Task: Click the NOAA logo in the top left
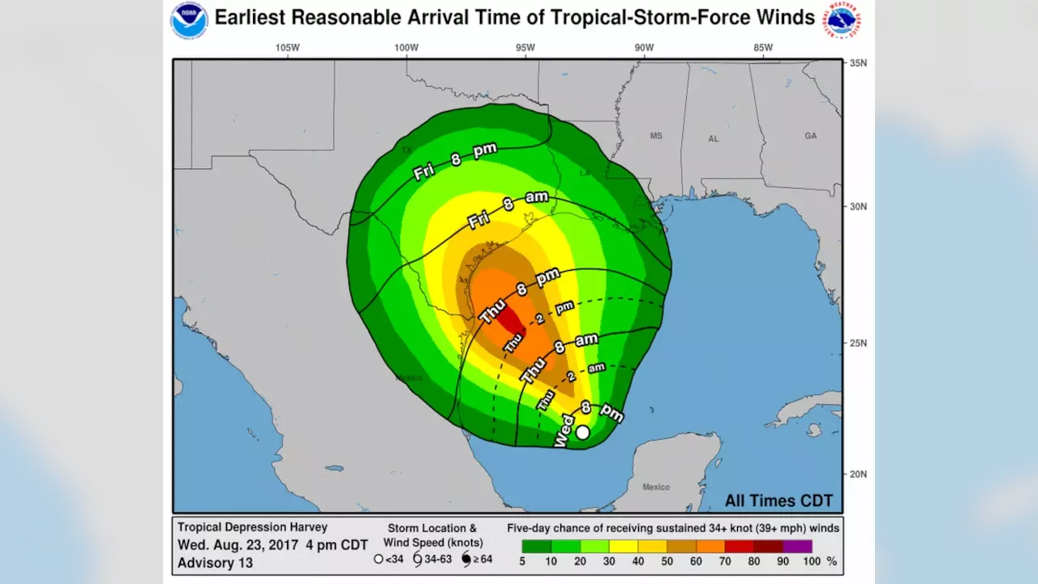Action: [x=189, y=21]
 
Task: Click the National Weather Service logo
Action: [x=843, y=21]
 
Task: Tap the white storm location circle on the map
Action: [x=582, y=432]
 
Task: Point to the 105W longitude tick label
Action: [x=287, y=48]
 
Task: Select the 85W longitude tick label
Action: [x=763, y=48]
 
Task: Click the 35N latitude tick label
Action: [x=858, y=62]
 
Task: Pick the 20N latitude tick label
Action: [x=858, y=474]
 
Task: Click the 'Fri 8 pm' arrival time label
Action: [x=454, y=161]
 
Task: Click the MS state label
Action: [x=656, y=136]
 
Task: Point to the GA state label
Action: [x=810, y=136]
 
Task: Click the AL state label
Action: [x=713, y=139]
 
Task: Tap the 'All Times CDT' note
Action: [x=778, y=501]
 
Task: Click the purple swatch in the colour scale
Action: [x=797, y=546]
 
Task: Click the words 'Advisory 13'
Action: [x=215, y=562]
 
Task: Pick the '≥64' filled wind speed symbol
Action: [x=466, y=559]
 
